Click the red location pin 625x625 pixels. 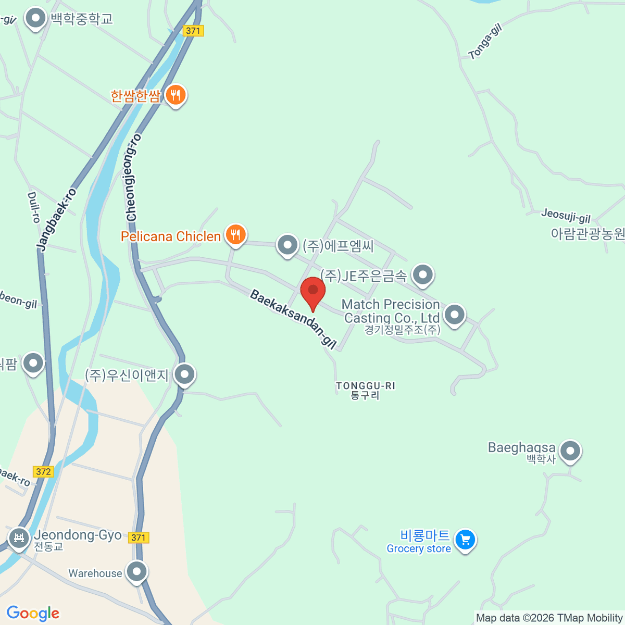313,291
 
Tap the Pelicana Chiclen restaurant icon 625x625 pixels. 235,235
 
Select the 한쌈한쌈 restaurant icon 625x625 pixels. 176,95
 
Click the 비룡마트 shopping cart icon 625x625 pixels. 465,540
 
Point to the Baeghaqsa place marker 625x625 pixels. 570,451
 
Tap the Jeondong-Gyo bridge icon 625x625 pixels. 19,536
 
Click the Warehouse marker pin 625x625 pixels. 137,572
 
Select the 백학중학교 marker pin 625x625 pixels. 36,19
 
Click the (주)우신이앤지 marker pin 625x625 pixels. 184,374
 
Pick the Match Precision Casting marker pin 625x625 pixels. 455,314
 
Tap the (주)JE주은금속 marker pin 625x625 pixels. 422,274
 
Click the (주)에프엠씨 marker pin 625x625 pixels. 287,244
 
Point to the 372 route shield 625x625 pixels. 43,471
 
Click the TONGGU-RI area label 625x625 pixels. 365,390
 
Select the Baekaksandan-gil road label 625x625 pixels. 293,318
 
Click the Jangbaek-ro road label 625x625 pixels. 57,219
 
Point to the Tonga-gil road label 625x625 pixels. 485,42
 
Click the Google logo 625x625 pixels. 33,614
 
